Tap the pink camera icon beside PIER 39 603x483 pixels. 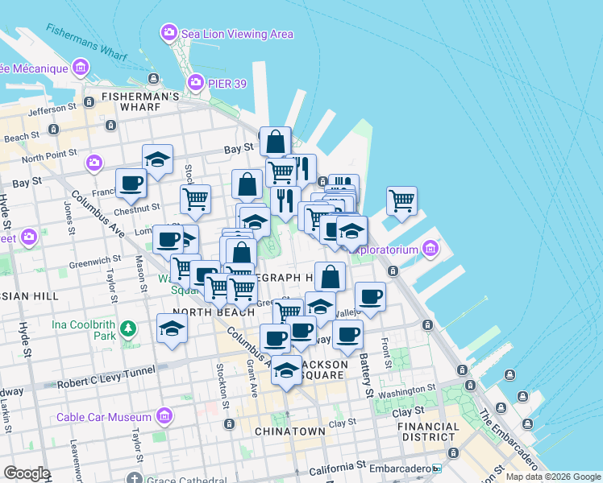[195, 82]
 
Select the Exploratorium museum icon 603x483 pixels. [430, 249]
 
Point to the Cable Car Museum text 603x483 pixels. [103, 417]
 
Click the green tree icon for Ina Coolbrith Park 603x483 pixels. [127, 328]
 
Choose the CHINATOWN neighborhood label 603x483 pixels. [289, 431]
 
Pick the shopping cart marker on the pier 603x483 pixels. [401, 199]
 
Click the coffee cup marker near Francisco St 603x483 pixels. [131, 183]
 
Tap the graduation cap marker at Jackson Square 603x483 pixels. [286, 369]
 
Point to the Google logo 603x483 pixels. [27, 473]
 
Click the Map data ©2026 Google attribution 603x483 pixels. [552, 477]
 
